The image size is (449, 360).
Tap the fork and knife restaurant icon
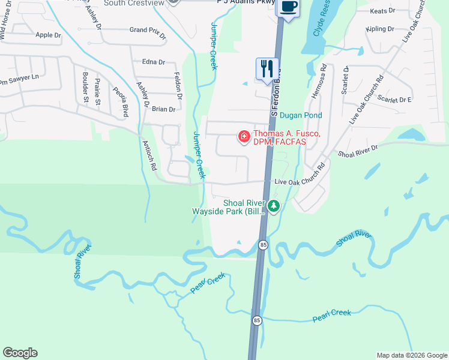[x=267, y=68]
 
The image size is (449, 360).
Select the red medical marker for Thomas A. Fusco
[x=244, y=137]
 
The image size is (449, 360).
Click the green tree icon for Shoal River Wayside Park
[x=274, y=206]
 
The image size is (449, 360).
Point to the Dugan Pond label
[x=301, y=115]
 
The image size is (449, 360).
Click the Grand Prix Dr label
[x=147, y=31]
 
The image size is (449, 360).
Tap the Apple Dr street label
[x=49, y=35]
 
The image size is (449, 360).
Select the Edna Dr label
[x=154, y=62]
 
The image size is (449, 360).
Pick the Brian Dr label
[x=163, y=109]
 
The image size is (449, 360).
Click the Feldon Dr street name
[x=178, y=85]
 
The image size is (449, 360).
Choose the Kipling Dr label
[x=380, y=29]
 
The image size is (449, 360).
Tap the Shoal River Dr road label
[x=358, y=151]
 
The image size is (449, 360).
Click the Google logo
[x=20, y=353]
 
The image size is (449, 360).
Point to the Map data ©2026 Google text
[x=411, y=355]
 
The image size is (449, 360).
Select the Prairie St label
[x=97, y=91]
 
